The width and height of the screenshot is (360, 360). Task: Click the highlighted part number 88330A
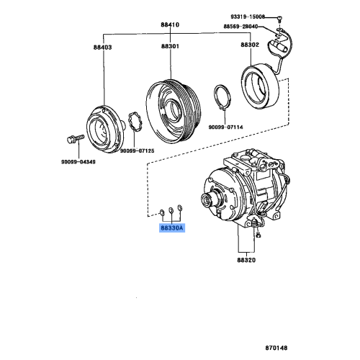(172, 228)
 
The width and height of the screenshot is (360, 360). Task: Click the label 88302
(250, 45)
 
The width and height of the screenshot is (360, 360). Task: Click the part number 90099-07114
(227, 127)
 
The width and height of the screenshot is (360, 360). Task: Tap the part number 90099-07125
(137, 151)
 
